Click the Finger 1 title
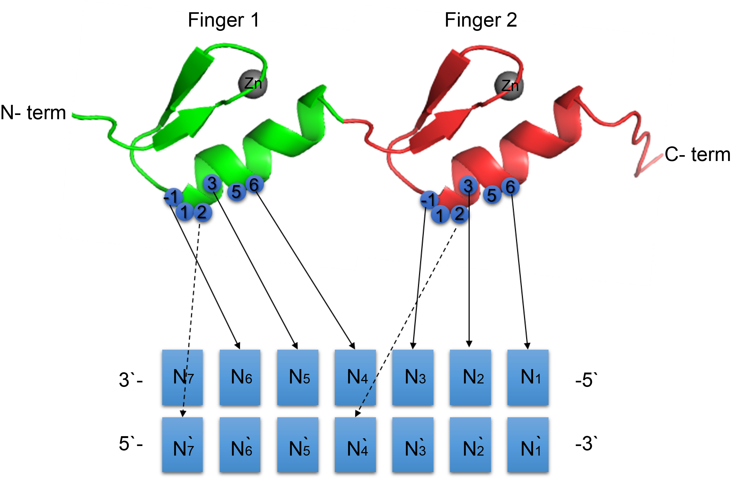click(224, 20)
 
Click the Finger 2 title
click(481, 20)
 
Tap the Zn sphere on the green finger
click(253, 84)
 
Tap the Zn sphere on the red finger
click(509, 86)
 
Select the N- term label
click(33, 113)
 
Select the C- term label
click(697, 154)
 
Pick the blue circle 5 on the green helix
click(236, 192)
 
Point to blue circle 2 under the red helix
click(459, 214)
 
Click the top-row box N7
click(182, 377)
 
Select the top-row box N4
click(355, 377)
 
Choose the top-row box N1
click(528, 377)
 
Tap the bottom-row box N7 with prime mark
click(182, 445)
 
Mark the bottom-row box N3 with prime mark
click(413, 445)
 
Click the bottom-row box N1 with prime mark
click(528, 445)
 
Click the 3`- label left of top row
click(130, 380)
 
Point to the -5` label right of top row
click(586, 380)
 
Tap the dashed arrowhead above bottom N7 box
click(183, 414)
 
